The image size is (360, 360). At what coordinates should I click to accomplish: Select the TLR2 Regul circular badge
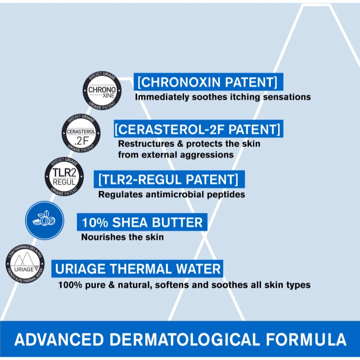(x=64, y=177)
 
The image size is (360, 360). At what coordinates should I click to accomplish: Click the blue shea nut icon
(x=45, y=220)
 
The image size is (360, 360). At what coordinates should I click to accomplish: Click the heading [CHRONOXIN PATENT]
(x=208, y=82)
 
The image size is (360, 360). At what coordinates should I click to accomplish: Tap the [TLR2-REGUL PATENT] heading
(x=168, y=180)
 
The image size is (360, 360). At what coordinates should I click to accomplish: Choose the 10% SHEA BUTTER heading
(x=142, y=222)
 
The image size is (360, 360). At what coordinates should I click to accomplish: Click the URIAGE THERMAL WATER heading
(x=138, y=269)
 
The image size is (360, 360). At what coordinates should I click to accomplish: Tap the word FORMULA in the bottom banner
(x=310, y=339)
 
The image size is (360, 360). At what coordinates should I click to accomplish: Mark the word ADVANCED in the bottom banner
(x=60, y=339)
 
